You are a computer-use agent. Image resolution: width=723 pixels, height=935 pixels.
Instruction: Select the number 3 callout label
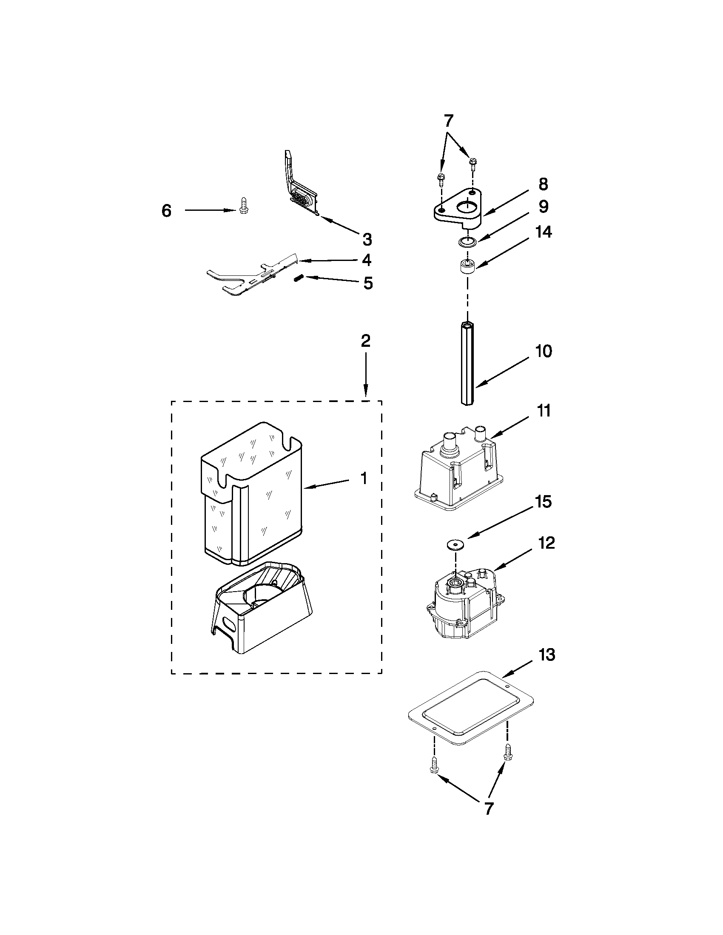pos(367,240)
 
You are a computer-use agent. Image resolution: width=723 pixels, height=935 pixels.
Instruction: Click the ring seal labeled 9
pos(467,242)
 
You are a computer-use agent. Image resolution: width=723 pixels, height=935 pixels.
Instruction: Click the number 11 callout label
pos(544,411)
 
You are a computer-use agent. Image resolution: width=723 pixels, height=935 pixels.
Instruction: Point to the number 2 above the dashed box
pos(365,341)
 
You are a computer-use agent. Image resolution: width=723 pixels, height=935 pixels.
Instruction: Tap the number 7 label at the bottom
pos(488,808)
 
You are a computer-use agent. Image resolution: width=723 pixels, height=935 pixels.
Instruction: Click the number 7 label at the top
pos(448,121)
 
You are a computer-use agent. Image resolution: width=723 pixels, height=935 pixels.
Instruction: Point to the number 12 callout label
pos(547,543)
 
